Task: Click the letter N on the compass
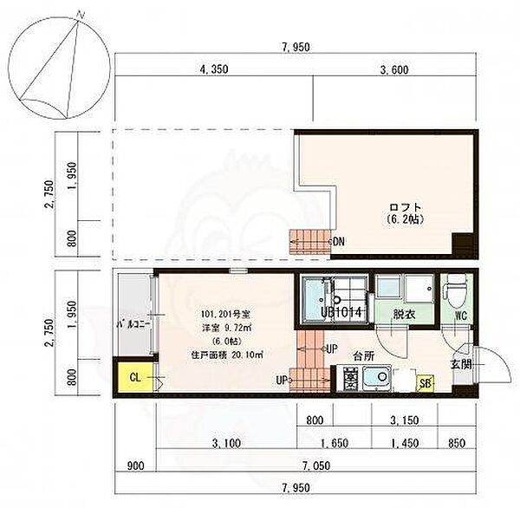click(x=81, y=15)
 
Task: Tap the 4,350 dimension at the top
click(x=213, y=71)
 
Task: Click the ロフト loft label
click(x=405, y=207)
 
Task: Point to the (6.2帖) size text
click(x=405, y=220)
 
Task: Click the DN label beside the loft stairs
click(x=338, y=242)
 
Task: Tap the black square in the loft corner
click(x=464, y=245)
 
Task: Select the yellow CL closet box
click(x=134, y=377)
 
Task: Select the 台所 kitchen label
click(x=363, y=355)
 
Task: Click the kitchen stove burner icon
click(x=351, y=378)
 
